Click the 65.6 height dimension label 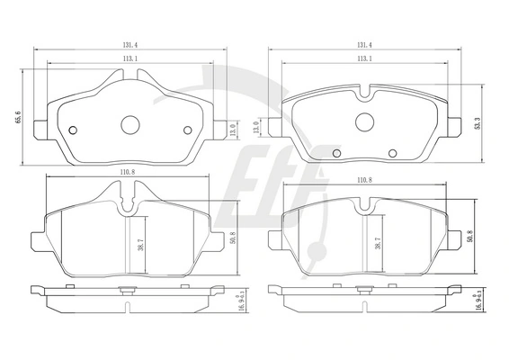tap(18, 117)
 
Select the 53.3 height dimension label tap(477, 123)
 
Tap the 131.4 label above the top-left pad tap(130, 46)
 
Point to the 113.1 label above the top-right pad tap(364, 58)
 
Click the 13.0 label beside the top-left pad tap(233, 130)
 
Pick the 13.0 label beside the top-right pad tap(255, 128)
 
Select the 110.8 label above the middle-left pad tap(128, 173)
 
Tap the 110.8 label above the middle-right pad tap(364, 180)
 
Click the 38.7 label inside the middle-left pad tap(140, 244)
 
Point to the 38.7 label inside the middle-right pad tap(378, 243)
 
